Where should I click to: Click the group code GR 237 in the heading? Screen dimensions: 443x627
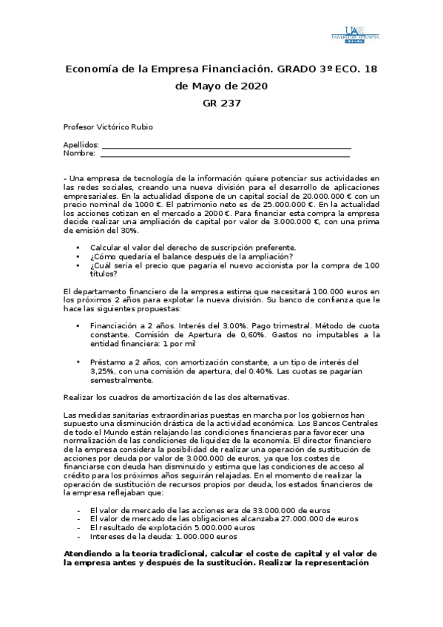pyautogui.click(x=221, y=103)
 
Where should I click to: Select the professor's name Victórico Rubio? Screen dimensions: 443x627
pyautogui.click(x=127, y=127)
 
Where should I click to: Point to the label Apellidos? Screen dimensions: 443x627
pyautogui.click(x=81, y=146)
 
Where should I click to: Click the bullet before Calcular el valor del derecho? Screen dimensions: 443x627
pyautogui.click(x=78, y=248)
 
